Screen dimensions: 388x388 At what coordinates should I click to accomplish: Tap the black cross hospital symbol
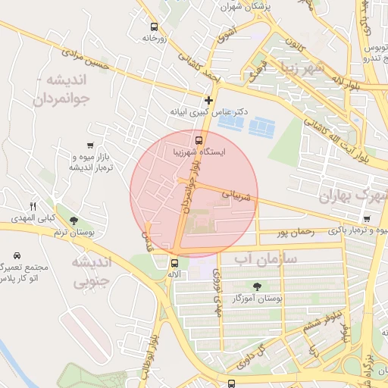point(208,100)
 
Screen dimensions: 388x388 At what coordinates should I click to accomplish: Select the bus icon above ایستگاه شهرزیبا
point(199,140)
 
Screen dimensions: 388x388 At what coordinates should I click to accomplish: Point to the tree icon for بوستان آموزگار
point(257,286)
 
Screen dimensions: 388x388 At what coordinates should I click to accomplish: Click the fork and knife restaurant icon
point(33,206)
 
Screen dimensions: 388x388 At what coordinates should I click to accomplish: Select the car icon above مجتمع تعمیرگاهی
point(17,255)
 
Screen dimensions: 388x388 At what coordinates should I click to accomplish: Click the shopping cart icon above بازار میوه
point(91,145)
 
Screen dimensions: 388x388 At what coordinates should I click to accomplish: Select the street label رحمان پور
point(295,233)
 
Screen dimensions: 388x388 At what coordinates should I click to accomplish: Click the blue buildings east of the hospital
point(262,126)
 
